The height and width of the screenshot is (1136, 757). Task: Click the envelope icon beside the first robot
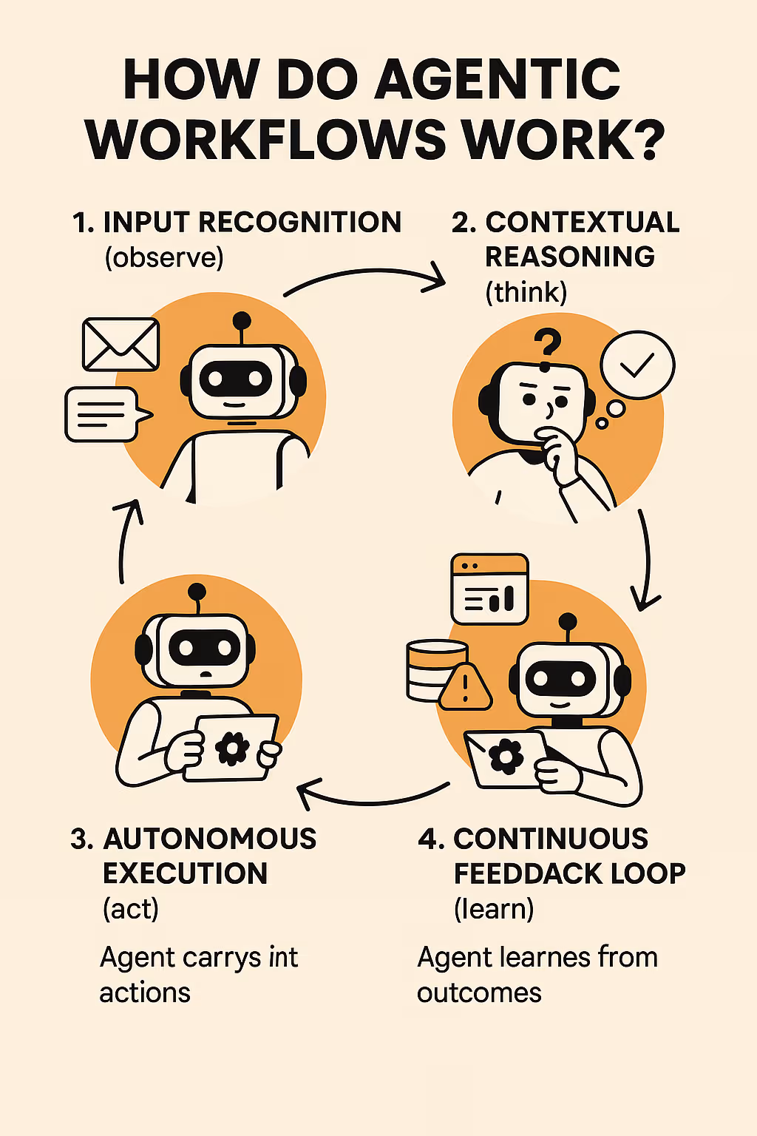pyautogui.click(x=120, y=345)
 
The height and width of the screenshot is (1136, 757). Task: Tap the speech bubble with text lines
pyautogui.click(x=103, y=414)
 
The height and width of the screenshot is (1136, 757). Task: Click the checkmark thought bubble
pyautogui.click(x=637, y=365)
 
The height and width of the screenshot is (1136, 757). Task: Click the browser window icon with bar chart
pyautogui.click(x=489, y=589)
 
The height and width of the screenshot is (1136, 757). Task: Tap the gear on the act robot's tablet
pyautogui.click(x=232, y=748)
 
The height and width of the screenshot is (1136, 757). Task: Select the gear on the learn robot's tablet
pyautogui.click(x=506, y=756)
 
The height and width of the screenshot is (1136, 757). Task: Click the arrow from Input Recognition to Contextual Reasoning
pyautogui.click(x=366, y=279)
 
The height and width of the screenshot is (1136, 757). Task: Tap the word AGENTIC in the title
pyautogui.click(x=498, y=79)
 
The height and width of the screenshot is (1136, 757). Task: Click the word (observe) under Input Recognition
pyautogui.click(x=164, y=257)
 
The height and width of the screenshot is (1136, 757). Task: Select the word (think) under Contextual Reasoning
pyautogui.click(x=526, y=292)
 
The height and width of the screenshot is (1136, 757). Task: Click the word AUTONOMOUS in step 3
pyautogui.click(x=210, y=839)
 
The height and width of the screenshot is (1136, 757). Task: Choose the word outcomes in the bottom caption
pyautogui.click(x=479, y=993)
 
